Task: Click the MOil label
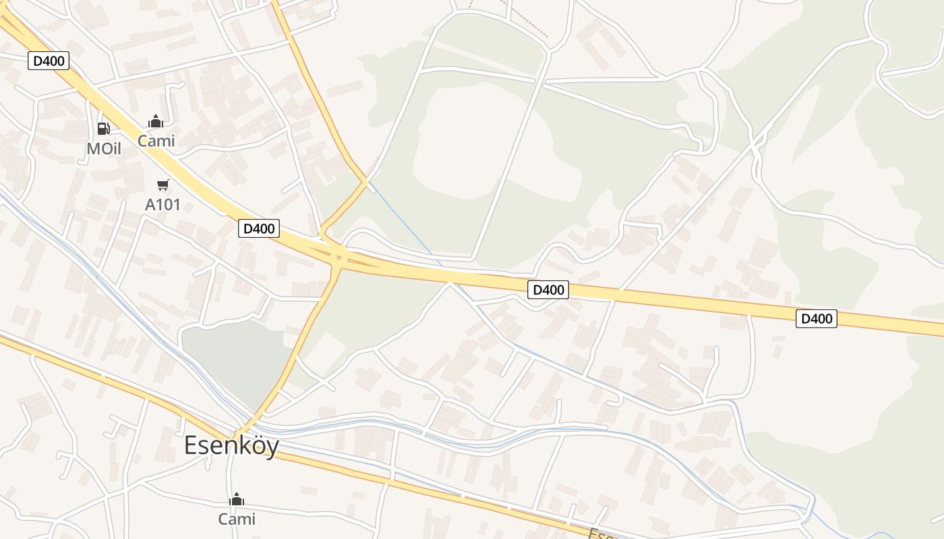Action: [104, 149]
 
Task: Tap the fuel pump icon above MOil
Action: [103, 128]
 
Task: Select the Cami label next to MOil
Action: [156, 141]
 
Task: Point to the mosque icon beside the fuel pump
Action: [156, 121]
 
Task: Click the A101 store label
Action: [163, 205]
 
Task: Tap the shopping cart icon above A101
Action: [163, 185]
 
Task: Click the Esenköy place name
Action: [231, 445]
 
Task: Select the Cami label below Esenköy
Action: [237, 519]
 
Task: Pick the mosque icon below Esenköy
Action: [237, 499]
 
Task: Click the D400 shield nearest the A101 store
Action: [259, 228]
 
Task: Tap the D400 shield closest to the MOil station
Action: [49, 61]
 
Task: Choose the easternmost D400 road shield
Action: [816, 318]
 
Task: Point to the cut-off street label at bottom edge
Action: [600, 533]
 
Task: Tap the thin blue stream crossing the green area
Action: [405, 222]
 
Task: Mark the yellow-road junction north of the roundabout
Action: [366, 181]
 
